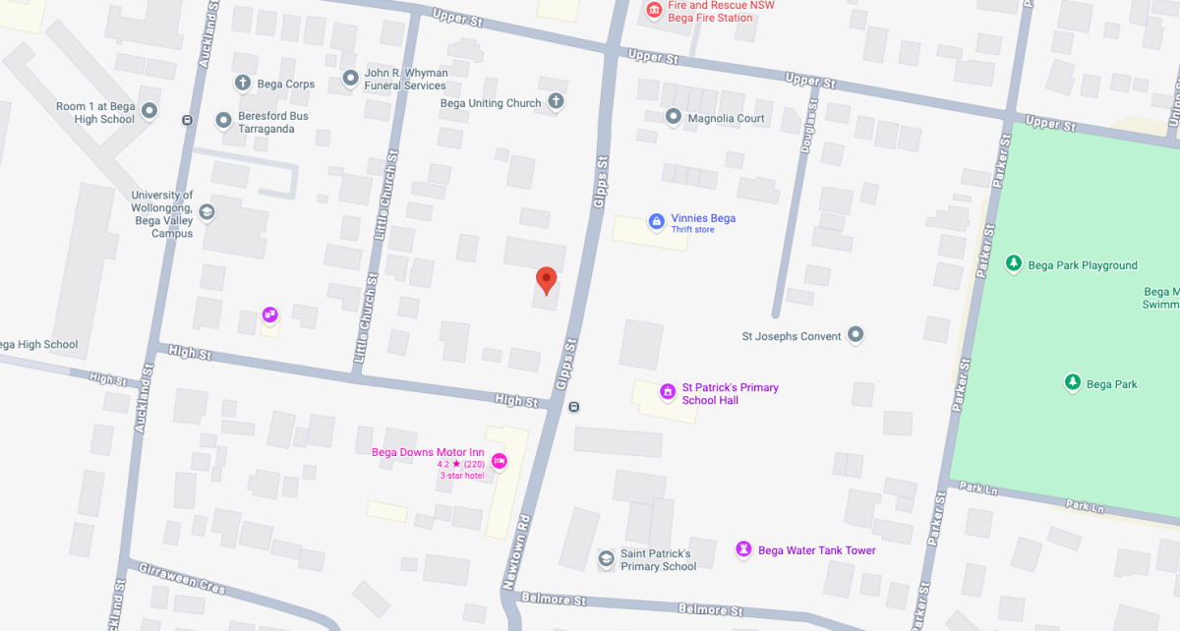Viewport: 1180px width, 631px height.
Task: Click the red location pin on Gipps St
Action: (x=546, y=280)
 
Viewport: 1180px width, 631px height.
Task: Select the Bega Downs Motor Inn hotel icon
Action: (x=499, y=460)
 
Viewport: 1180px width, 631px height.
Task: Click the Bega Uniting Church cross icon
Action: (x=556, y=101)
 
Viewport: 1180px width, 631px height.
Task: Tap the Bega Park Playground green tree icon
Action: (x=1014, y=263)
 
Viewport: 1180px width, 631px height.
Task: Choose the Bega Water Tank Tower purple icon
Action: (x=743, y=549)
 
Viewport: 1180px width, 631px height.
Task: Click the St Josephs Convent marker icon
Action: (x=855, y=335)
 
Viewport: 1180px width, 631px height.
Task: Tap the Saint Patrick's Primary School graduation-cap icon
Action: (x=606, y=558)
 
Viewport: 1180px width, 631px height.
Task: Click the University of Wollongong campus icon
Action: (x=206, y=211)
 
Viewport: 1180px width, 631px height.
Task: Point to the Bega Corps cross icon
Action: (x=243, y=83)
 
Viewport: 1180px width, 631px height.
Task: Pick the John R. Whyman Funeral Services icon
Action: (x=350, y=78)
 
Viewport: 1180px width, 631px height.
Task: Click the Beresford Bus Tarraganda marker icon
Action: (x=223, y=120)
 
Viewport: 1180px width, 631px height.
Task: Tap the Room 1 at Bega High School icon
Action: (x=149, y=111)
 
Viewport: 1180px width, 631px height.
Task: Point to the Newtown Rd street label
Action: (x=516, y=551)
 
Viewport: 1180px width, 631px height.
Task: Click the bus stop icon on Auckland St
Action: (x=187, y=120)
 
